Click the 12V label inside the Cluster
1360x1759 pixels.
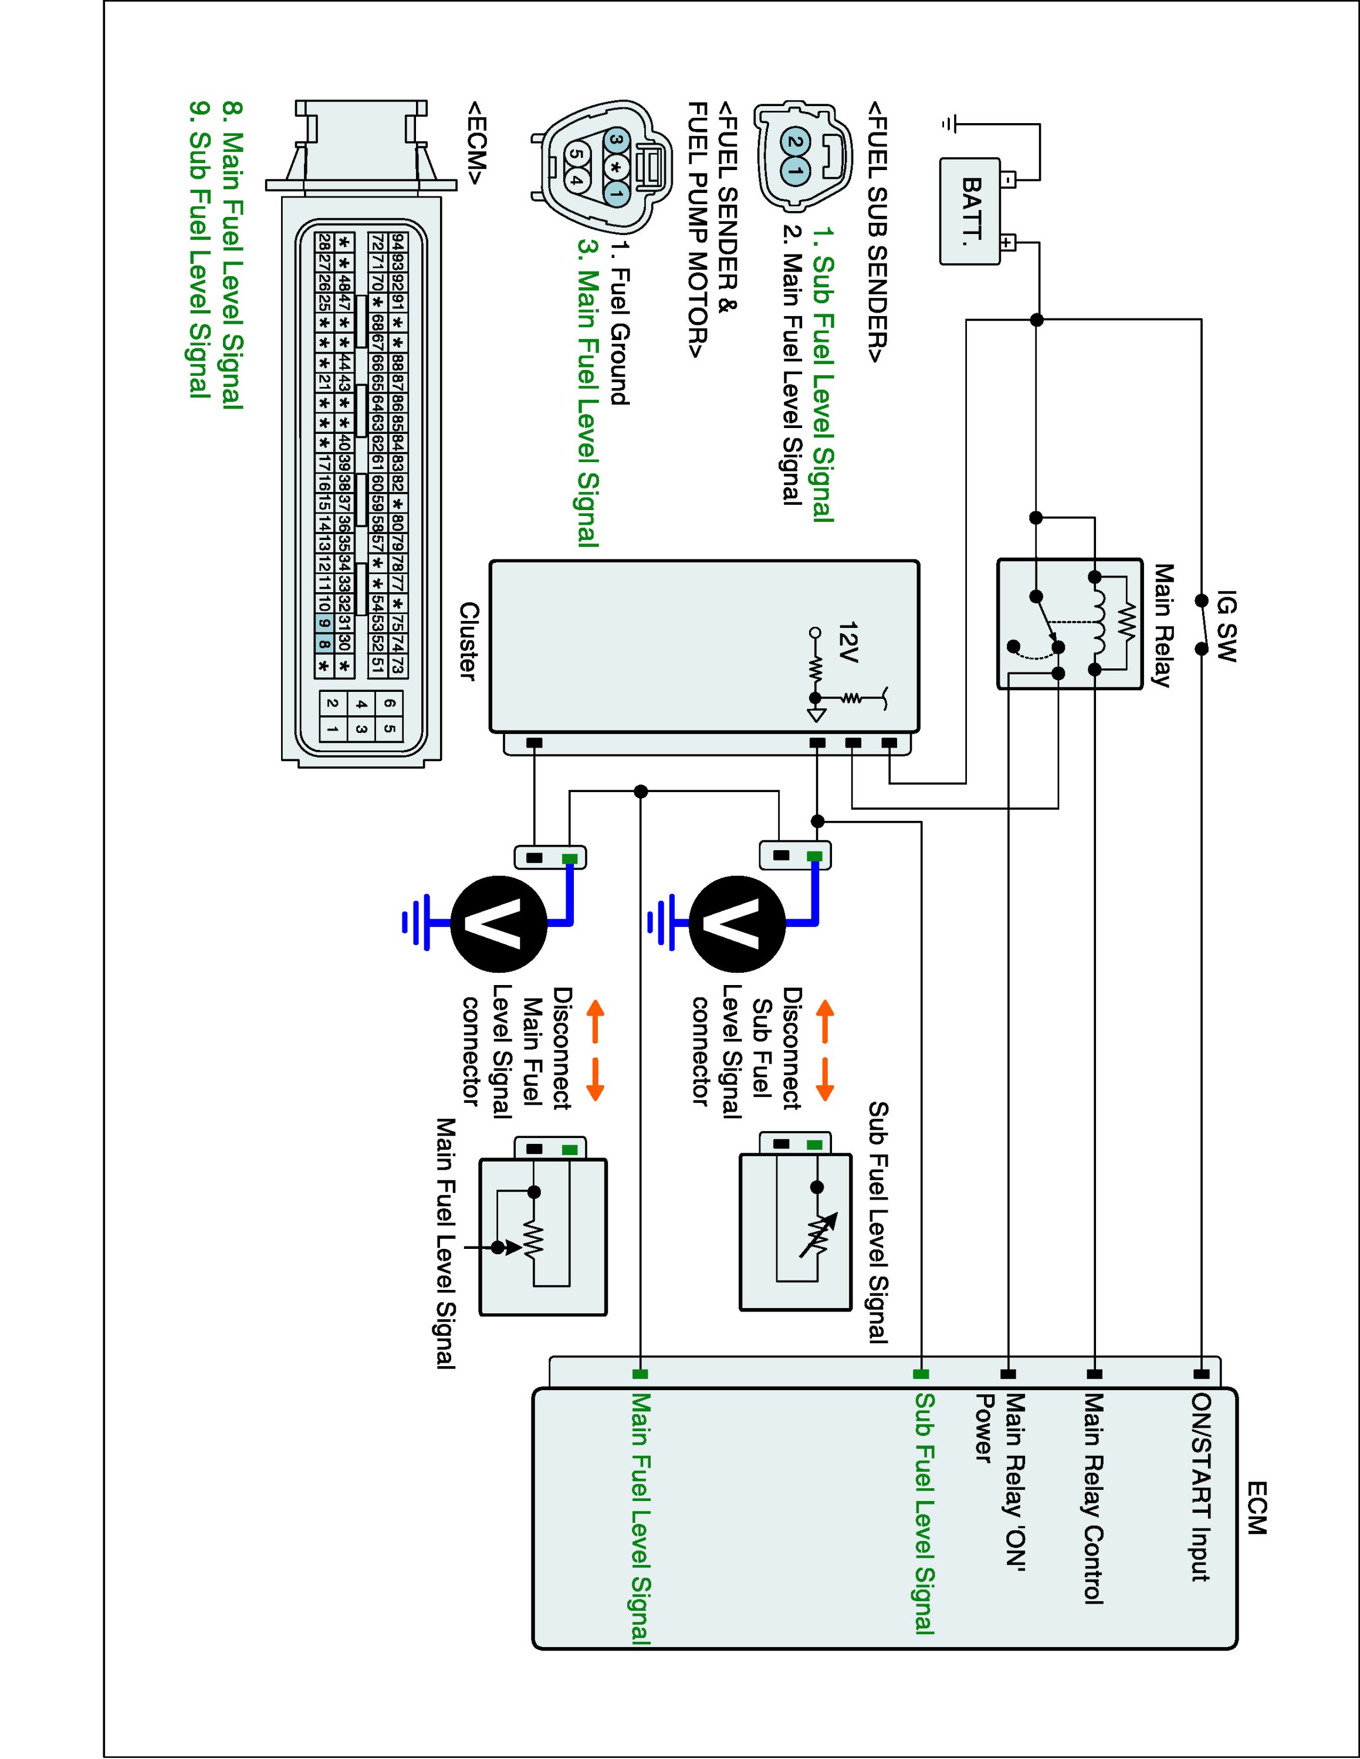tap(848, 642)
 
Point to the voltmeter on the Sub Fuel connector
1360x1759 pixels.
tap(736, 924)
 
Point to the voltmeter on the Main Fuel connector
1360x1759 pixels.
tap(499, 924)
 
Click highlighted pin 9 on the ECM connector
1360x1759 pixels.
tap(324, 623)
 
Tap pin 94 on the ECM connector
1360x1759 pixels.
tap(397, 242)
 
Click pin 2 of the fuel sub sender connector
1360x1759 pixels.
tap(796, 142)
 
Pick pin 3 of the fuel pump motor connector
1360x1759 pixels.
tap(617, 142)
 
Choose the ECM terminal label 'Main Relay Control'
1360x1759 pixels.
tap(1093, 1498)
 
